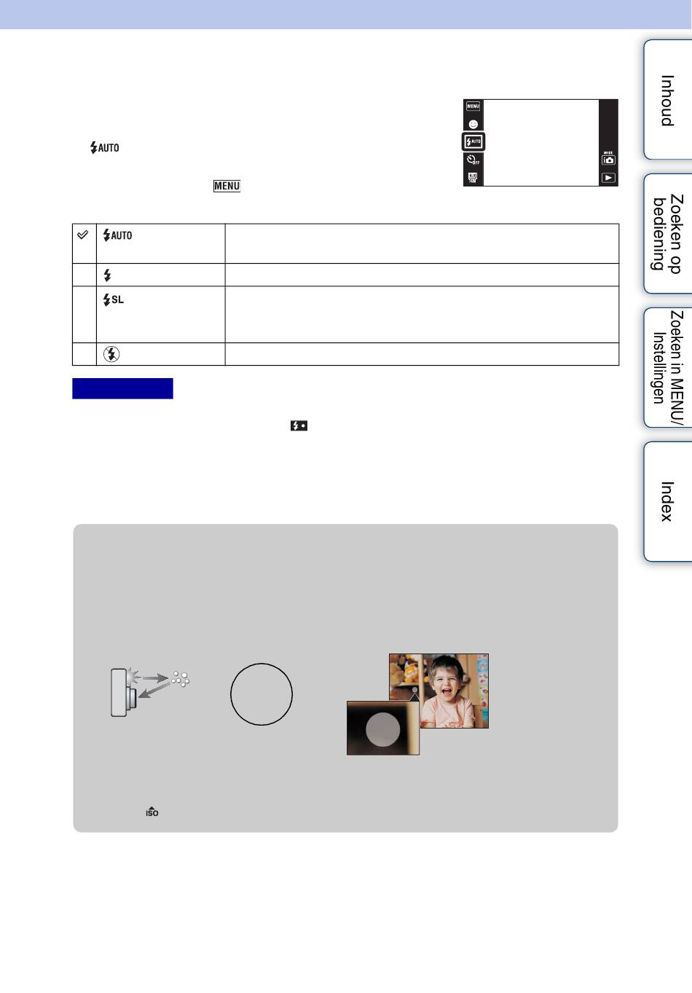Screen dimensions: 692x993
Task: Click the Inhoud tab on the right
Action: pyautogui.click(x=668, y=100)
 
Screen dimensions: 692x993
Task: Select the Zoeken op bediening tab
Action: pyautogui.click(x=668, y=234)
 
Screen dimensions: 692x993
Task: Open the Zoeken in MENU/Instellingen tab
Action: pyautogui.click(x=668, y=367)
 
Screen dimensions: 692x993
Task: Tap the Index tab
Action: pyautogui.click(x=668, y=501)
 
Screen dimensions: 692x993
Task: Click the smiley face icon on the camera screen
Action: pyautogui.click(x=473, y=124)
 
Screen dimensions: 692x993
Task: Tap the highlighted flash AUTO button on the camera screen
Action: pyautogui.click(x=473, y=142)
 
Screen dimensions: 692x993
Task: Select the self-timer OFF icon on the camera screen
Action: pyautogui.click(x=473, y=160)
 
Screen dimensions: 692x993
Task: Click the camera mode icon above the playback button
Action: pyautogui.click(x=608, y=160)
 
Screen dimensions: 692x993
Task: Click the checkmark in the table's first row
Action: pyautogui.click(x=82, y=235)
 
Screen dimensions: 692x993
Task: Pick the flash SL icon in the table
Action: pyautogui.click(x=113, y=299)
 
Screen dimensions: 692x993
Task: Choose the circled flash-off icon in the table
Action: pyautogui.click(x=111, y=354)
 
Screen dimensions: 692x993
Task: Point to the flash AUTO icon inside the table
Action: pyautogui.click(x=117, y=235)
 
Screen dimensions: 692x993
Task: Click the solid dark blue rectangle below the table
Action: pyautogui.click(x=122, y=388)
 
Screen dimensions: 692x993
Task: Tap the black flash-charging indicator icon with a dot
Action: pyautogui.click(x=299, y=425)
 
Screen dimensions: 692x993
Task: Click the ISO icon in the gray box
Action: pyautogui.click(x=152, y=812)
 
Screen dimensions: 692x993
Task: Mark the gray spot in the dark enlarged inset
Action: pyautogui.click(x=382, y=729)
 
